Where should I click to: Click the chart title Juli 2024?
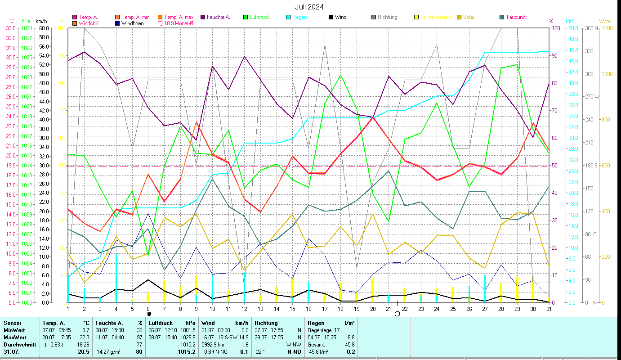[x=309, y=7]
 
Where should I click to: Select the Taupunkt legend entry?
[x=516, y=17]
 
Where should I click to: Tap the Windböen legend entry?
[x=133, y=23]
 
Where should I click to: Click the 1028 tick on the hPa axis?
[x=27, y=28]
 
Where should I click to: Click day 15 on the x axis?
[x=293, y=309]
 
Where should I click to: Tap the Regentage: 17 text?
[x=323, y=330]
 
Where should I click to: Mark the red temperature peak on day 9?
[x=197, y=121]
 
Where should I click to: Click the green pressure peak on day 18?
[x=340, y=75]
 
